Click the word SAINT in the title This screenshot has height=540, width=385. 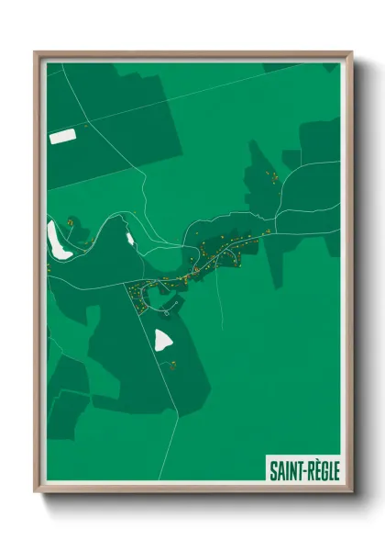[282, 471]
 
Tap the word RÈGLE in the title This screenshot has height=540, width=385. [321, 471]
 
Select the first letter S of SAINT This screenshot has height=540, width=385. [272, 471]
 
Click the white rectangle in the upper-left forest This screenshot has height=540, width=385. [60, 137]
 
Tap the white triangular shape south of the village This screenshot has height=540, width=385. [164, 341]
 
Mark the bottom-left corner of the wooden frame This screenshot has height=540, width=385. [36, 494]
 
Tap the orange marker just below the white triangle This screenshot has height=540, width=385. [171, 365]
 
